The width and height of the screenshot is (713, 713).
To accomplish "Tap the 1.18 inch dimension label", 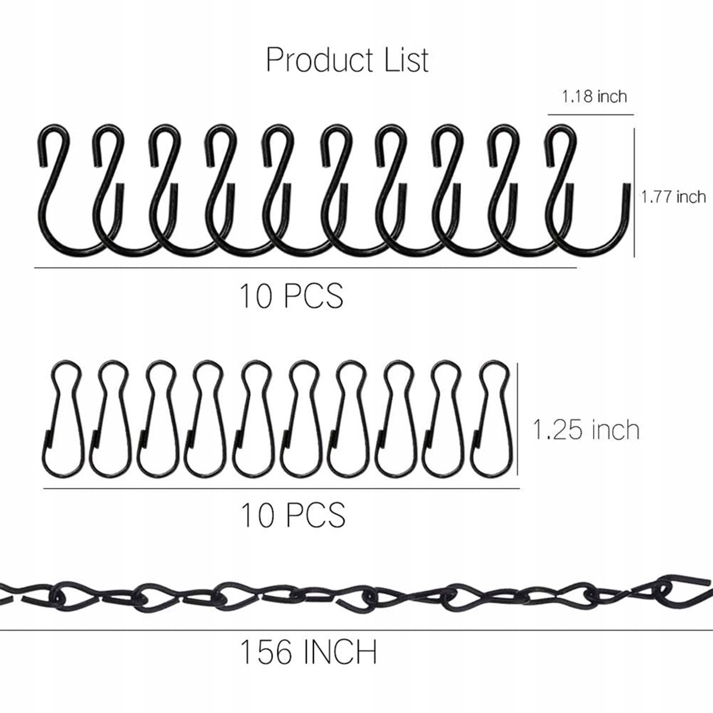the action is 594,97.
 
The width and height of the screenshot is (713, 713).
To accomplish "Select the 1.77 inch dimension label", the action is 673,197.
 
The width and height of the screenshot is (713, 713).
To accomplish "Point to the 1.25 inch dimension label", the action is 586,430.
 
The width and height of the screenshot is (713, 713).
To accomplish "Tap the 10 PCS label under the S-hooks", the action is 291,295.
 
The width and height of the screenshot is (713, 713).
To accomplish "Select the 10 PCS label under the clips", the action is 293,514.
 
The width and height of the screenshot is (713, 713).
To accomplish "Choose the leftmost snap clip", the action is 63,419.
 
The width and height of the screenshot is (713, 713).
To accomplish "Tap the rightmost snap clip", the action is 490,419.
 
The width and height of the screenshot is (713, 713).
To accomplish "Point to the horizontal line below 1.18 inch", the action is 590,115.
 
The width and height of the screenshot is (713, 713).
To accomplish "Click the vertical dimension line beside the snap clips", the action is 517,419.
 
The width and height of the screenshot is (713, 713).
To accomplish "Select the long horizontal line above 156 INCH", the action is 356,630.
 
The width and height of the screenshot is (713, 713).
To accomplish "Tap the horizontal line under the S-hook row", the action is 305,268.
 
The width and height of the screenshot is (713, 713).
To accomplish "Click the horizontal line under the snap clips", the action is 281,489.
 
